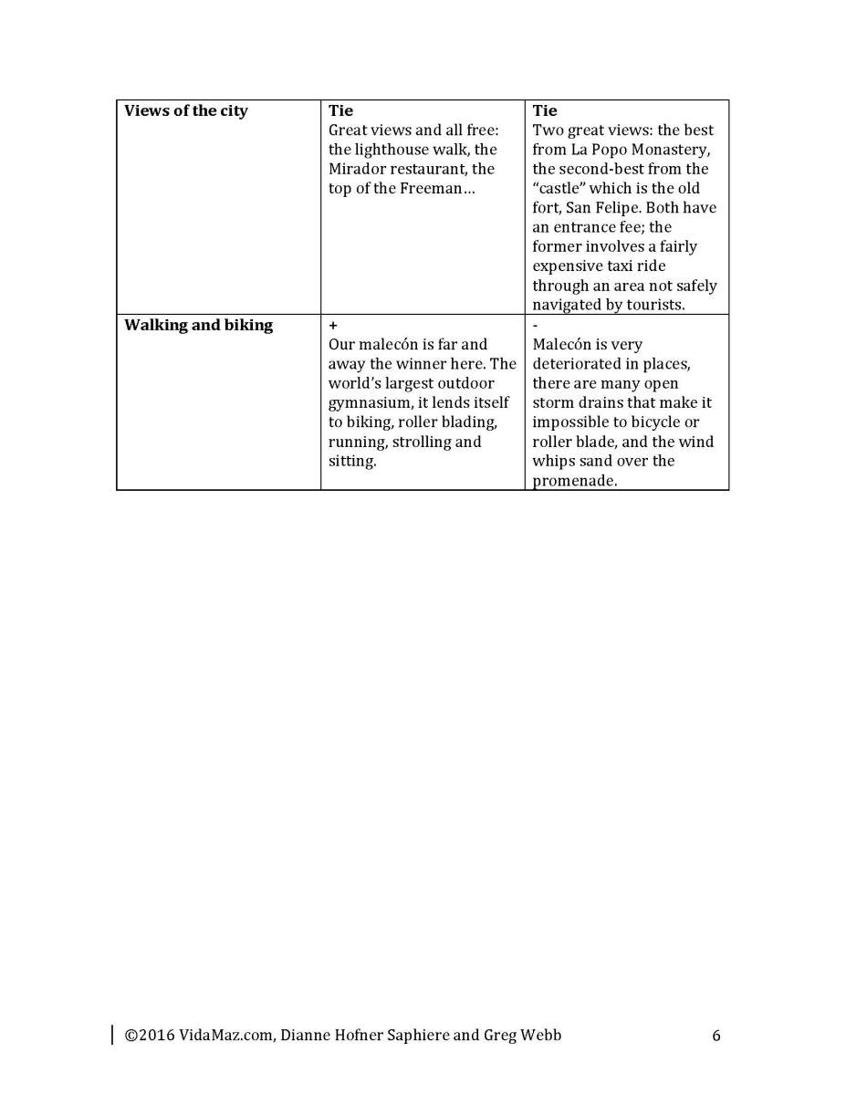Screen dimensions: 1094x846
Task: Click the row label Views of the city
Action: coord(185,110)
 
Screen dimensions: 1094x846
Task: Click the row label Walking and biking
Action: coord(198,325)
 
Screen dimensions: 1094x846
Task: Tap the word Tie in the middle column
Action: coord(340,110)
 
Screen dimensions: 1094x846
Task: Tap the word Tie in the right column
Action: coord(545,110)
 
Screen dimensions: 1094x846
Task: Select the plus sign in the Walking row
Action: coord(332,325)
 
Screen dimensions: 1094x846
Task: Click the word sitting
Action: coord(351,461)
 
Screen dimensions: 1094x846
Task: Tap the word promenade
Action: coord(574,481)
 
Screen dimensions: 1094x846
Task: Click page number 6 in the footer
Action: coord(716,1036)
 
